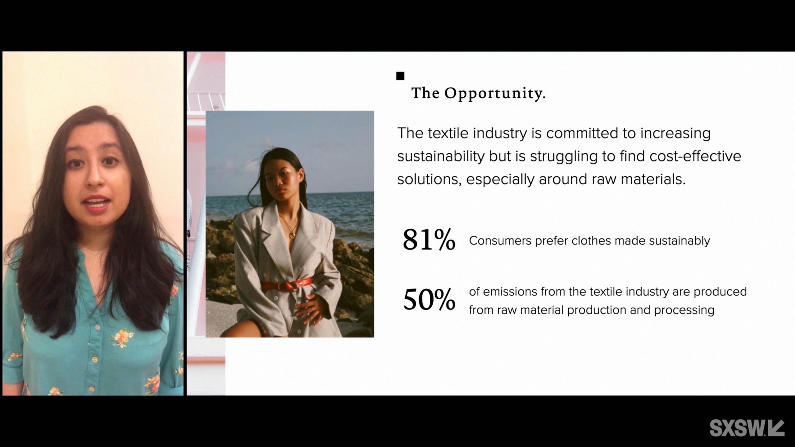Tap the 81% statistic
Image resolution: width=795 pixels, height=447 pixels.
429,240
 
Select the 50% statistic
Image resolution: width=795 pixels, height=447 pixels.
429,300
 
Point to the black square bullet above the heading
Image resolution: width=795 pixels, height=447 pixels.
400,76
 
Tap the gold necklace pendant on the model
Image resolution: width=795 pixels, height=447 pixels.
292,235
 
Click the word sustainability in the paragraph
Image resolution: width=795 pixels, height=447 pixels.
441,156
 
